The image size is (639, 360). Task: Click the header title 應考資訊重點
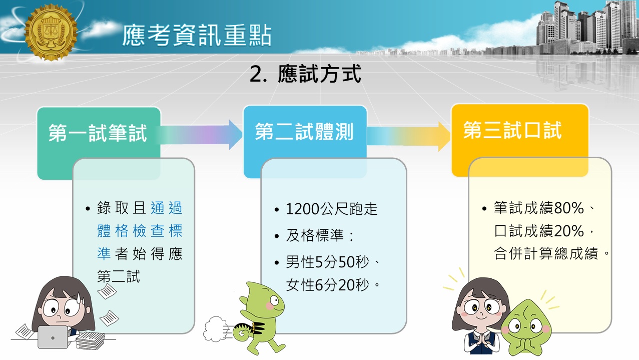click(x=197, y=36)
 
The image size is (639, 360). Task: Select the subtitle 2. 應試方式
click(x=305, y=75)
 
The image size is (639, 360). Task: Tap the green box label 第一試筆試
click(x=98, y=133)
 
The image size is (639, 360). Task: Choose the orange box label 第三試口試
click(x=512, y=130)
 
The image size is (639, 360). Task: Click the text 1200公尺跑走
click(x=332, y=209)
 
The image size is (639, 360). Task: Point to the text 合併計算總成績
click(x=546, y=254)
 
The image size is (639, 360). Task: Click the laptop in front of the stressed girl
click(x=55, y=337)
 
